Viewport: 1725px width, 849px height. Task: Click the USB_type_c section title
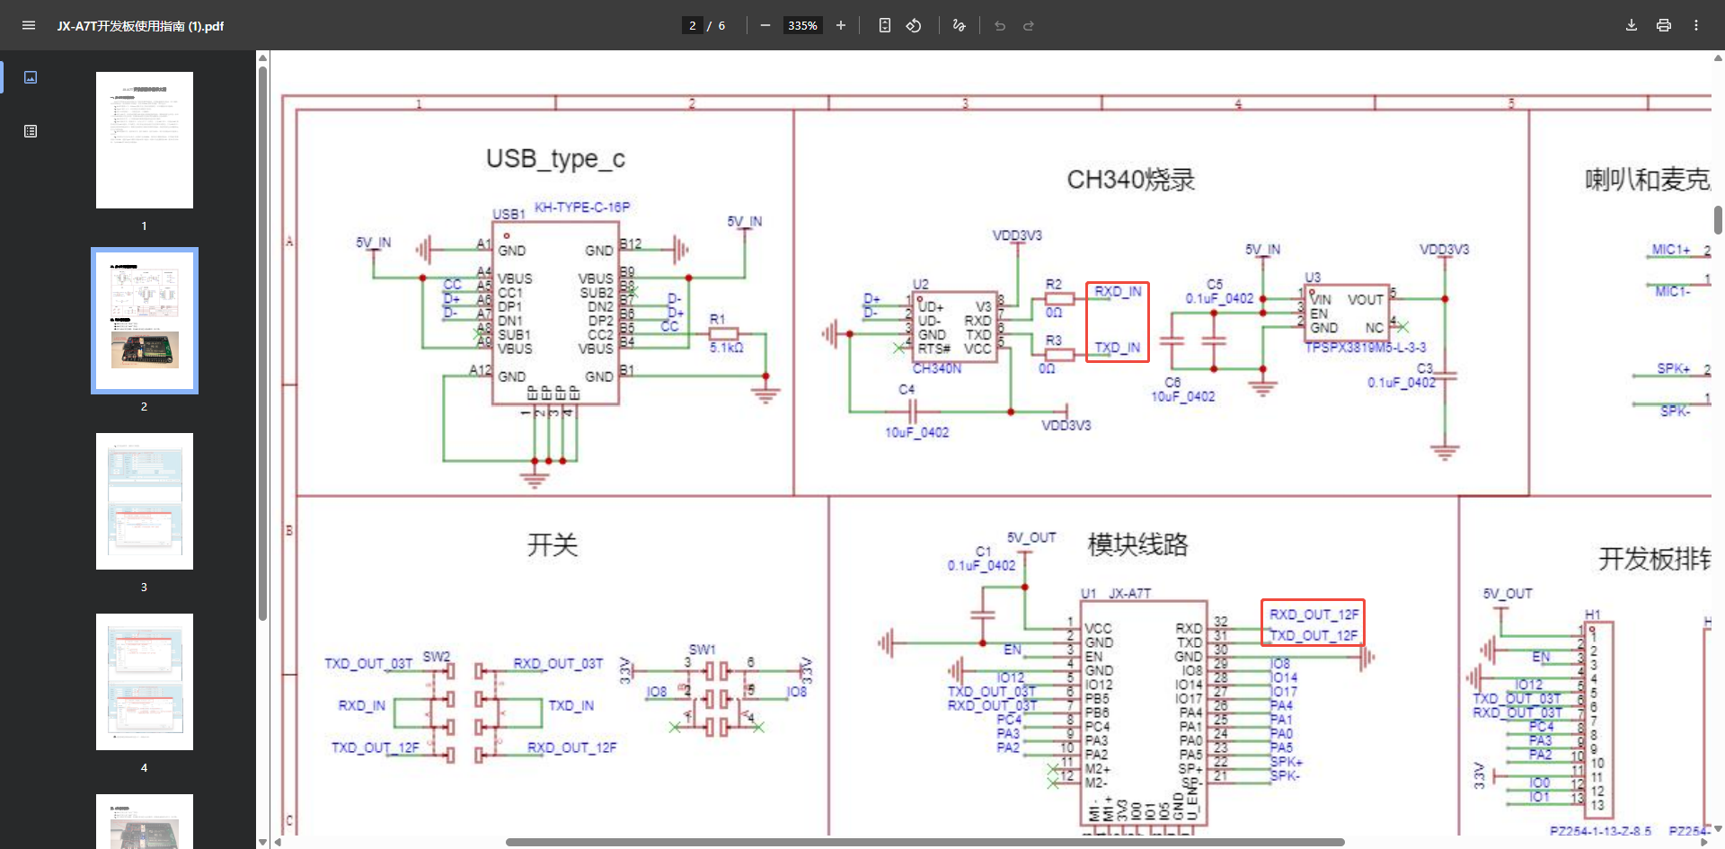(x=555, y=159)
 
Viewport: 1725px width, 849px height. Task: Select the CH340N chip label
(x=936, y=368)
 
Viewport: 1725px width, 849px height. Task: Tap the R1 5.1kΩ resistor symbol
(x=723, y=334)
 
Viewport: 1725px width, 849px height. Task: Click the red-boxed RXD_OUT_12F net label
(x=1314, y=615)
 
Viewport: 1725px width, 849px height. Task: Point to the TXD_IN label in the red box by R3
(x=1117, y=348)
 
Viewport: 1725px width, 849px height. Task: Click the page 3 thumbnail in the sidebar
(x=145, y=501)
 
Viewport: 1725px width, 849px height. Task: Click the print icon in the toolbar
(x=1664, y=25)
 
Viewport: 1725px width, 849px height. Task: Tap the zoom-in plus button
(x=841, y=25)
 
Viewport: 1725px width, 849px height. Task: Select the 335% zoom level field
(x=802, y=25)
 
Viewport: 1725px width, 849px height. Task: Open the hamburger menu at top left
(x=29, y=25)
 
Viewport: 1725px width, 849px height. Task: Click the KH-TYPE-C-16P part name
(x=582, y=208)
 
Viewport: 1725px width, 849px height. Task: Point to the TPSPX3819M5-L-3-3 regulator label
(x=1365, y=348)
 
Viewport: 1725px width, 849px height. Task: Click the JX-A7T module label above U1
(x=1129, y=594)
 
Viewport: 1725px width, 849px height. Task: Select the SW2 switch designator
(x=437, y=657)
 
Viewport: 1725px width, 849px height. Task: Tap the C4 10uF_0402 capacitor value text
(x=916, y=432)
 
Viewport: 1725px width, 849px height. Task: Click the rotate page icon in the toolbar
(x=914, y=25)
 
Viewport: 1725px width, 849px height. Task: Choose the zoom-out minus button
(x=765, y=25)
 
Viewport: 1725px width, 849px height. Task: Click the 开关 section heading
(x=552, y=545)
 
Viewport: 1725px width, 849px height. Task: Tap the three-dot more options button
(x=1696, y=25)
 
